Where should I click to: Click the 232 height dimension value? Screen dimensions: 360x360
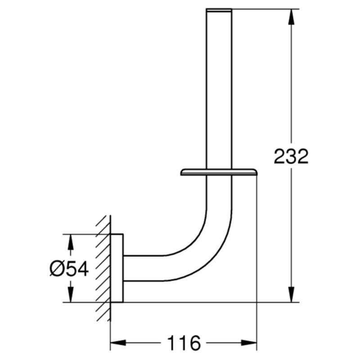pyautogui.click(x=291, y=156)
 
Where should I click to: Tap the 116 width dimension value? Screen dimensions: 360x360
pyautogui.click(x=184, y=343)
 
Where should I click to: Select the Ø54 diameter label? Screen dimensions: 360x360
pyautogui.click(x=69, y=269)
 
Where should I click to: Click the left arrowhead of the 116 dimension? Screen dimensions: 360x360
pyautogui.click(x=118, y=343)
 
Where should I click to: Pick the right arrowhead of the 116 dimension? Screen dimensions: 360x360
pyautogui.click(x=249, y=343)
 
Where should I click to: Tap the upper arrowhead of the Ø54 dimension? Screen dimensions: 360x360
pyautogui.click(x=70, y=242)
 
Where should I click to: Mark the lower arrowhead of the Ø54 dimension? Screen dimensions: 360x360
pyautogui.click(x=70, y=294)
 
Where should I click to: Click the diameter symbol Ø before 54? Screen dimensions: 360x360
pyautogui.click(x=56, y=269)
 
